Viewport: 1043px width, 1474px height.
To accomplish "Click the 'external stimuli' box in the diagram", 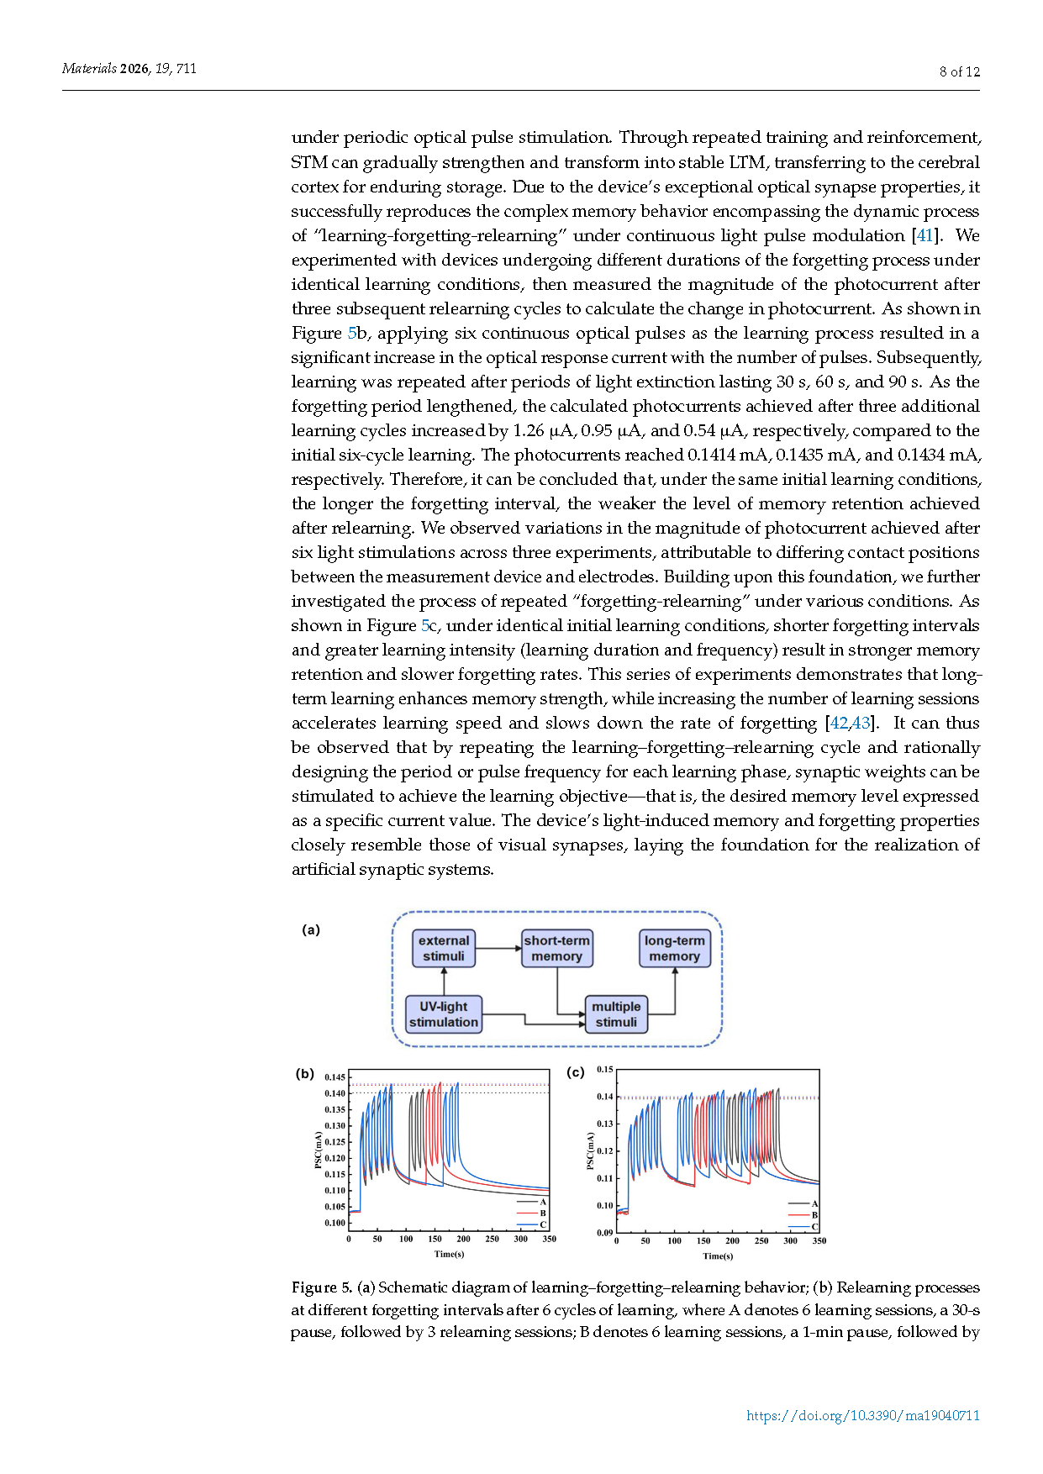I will [444, 948].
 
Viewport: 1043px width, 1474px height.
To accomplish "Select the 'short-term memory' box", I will [556, 948].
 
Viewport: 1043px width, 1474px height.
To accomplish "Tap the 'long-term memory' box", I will [674, 948].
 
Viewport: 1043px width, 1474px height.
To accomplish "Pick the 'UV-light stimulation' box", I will [443, 1014].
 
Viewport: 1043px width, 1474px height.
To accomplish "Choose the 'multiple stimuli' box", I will [616, 1014].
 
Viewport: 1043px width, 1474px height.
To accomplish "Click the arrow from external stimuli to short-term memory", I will [498, 948].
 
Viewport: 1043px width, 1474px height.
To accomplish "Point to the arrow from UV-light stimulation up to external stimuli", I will [444, 981].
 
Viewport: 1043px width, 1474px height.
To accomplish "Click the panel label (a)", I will [311, 929].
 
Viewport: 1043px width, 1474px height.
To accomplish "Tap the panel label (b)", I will [304, 1073].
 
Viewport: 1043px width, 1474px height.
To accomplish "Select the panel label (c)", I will [576, 1072].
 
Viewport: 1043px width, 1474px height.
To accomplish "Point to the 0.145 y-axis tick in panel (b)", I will [334, 1077].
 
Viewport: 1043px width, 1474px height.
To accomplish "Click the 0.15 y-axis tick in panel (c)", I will [604, 1070].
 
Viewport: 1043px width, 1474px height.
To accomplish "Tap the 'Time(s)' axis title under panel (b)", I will [449, 1254].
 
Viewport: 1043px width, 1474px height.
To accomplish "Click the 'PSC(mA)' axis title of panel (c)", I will [590, 1150].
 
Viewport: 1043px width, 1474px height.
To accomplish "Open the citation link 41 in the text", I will [924, 235].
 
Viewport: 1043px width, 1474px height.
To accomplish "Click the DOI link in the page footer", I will [862, 1415].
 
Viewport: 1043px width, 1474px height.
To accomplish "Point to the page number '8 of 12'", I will [959, 72].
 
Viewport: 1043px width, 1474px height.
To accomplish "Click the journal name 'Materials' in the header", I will [89, 68].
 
